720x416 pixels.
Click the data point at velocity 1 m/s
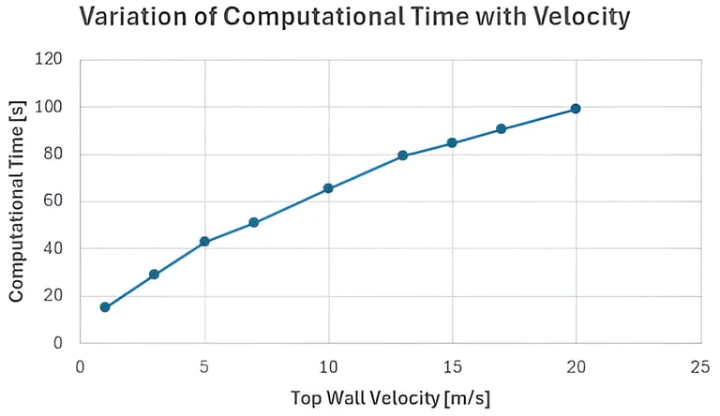tap(105, 307)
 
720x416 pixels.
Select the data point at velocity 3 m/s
tap(154, 275)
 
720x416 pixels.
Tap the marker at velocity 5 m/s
tap(204, 242)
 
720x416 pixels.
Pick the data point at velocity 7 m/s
tap(254, 223)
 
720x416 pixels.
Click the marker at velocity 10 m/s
tap(328, 188)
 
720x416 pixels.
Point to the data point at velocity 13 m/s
tap(402, 156)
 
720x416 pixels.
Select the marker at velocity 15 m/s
tap(452, 143)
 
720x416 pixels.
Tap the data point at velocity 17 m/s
tap(502, 129)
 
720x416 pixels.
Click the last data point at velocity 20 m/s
tap(576, 109)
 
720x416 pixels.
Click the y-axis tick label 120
tap(49, 60)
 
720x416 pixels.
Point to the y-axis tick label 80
tap(52, 155)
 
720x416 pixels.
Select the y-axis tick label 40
tap(52, 249)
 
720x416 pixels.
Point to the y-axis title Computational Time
tap(17, 201)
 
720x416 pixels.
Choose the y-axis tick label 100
tap(49, 107)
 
